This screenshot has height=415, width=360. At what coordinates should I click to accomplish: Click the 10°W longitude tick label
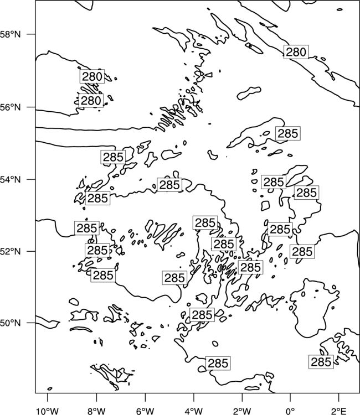pos(48,411)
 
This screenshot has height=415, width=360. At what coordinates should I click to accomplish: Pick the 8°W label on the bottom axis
pos(96,411)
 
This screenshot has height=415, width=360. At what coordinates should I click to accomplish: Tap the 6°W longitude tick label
pos(145,411)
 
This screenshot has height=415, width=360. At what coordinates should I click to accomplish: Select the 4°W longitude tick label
pos(194,411)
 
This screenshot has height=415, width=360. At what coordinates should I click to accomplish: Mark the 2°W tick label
pos(242,411)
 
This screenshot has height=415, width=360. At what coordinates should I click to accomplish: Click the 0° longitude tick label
pos(290,411)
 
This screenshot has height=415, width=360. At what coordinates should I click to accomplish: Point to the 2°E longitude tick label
pos(339,411)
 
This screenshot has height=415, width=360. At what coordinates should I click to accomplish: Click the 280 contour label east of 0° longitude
pos(296,52)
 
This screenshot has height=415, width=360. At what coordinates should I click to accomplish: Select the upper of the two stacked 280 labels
pos(92,76)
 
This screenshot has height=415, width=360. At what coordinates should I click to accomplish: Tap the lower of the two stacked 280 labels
pos(91,101)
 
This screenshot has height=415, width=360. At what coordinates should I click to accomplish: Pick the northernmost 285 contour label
pos(288,133)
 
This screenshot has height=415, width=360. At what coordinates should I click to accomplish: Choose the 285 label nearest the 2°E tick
pos(321,361)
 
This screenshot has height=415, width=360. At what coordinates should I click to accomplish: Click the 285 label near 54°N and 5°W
pos(169,184)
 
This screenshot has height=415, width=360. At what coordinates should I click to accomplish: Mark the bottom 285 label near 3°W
pos(218,363)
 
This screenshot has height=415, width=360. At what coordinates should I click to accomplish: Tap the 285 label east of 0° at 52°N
pos(302,251)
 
